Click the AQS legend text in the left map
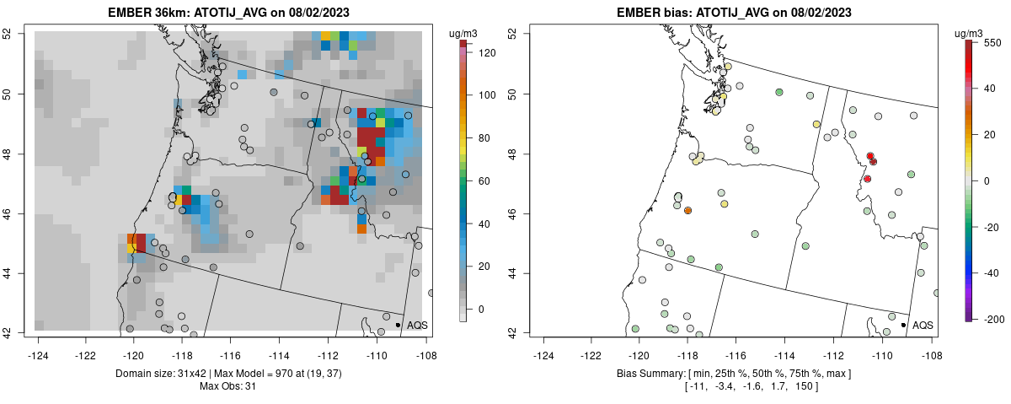point(417,325)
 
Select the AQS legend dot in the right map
point(903,325)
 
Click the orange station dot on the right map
point(688,211)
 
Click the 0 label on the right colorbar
point(987,180)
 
